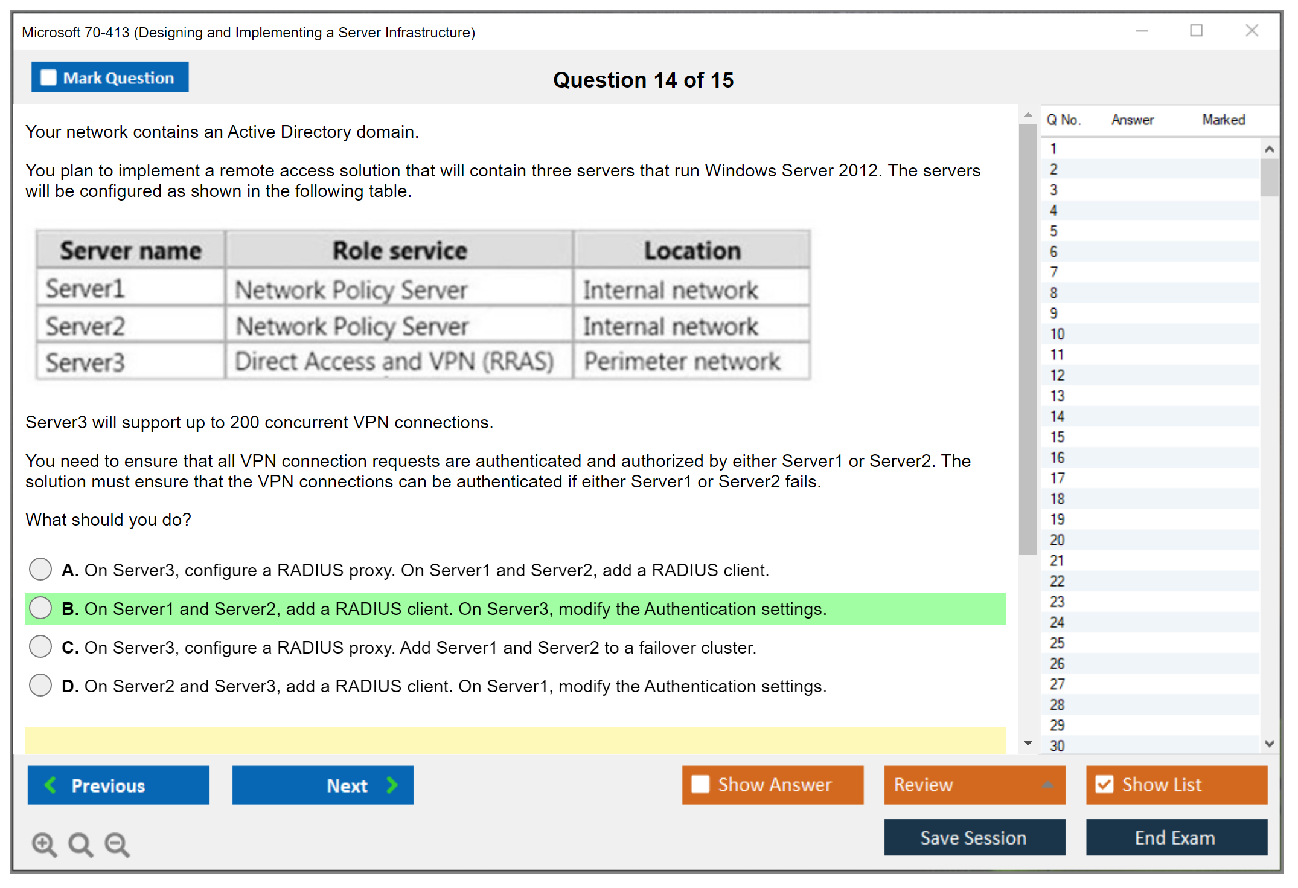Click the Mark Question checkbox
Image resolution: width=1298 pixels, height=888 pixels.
tap(48, 78)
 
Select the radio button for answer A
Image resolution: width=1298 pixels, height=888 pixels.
tap(40, 569)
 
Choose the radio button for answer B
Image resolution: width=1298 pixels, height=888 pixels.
tap(40, 608)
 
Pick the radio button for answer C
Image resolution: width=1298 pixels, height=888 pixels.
tap(40, 646)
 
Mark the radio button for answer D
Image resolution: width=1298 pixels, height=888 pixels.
tap(40, 685)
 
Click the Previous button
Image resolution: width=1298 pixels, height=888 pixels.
tap(118, 785)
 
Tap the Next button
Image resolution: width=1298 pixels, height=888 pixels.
tap(322, 785)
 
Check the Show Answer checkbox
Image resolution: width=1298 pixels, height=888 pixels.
tap(700, 784)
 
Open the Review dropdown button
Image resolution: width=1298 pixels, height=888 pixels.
tap(974, 785)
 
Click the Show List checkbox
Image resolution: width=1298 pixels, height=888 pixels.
tap(1104, 784)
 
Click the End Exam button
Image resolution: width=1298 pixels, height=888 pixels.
tap(1175, 837)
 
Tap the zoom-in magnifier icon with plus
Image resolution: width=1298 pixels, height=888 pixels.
tap(44, 844)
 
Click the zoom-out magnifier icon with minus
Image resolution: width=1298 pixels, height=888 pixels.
tap(117, 844)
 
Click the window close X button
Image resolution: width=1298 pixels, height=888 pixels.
tap(1252, 31)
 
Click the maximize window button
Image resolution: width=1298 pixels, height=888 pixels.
tap(1196, 31)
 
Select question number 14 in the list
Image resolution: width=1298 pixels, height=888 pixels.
tap(1057, 416)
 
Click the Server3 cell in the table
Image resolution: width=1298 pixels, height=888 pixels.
tap(85, 362)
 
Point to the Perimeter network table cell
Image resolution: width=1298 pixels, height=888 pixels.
tap(682, 361)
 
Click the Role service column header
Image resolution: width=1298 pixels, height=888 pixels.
tap(400, 250)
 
